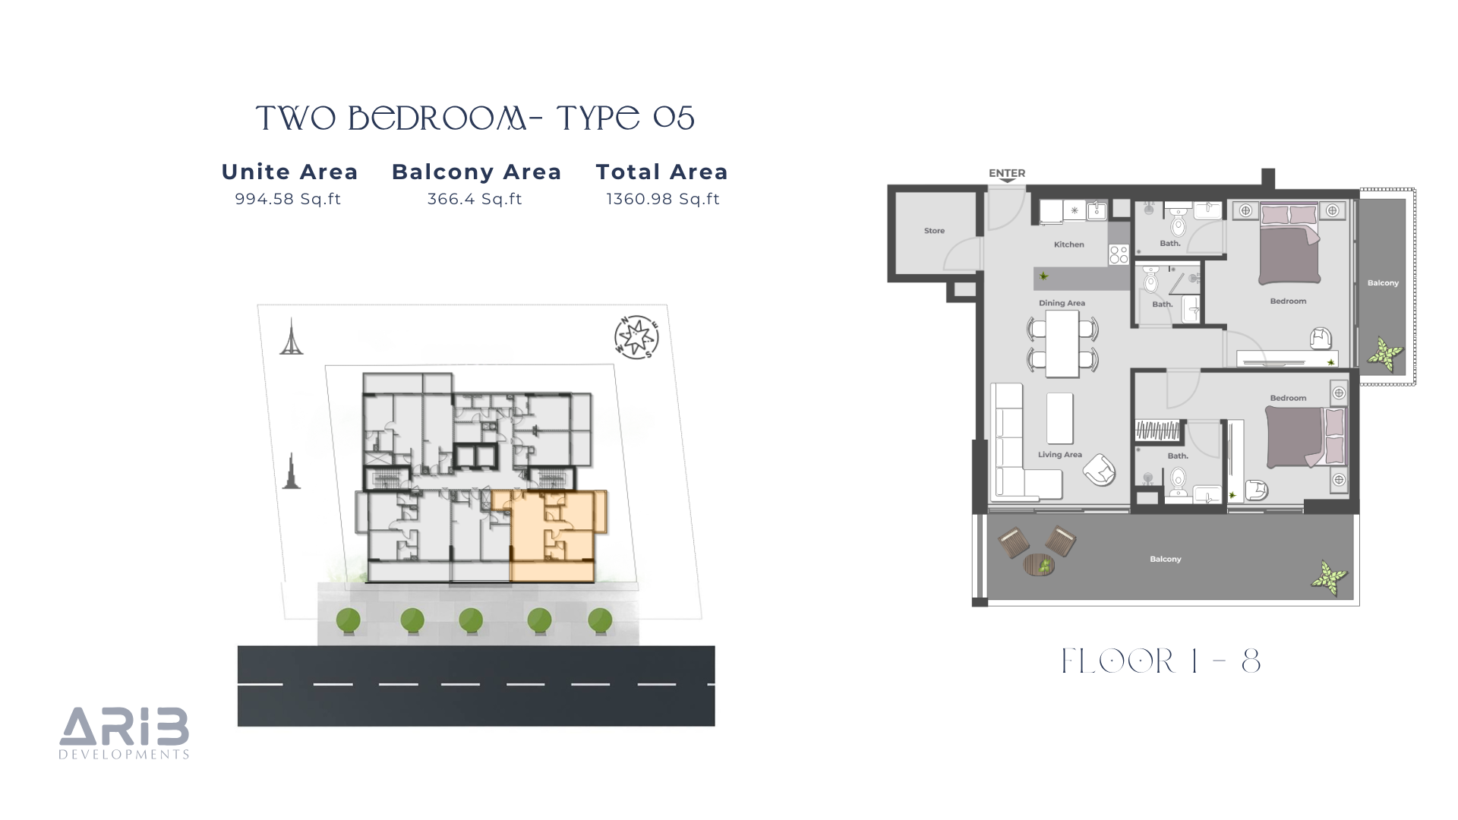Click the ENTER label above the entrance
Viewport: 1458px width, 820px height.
pos(1007,173)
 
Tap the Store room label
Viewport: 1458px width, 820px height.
pos(934,231)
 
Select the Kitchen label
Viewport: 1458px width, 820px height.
pos(1068,244)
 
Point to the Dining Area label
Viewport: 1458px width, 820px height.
pos(1062,303)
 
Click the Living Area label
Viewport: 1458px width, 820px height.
pos(1060,455)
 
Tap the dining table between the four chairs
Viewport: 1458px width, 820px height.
pos(1062,344)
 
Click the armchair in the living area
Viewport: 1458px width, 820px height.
pos(1099,470)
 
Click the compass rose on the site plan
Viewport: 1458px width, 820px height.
pos(636,337)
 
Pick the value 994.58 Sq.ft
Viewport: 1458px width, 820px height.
pos(288,199)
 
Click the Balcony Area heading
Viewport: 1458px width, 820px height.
pos(476,172)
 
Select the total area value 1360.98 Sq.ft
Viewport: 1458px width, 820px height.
pos(663,199)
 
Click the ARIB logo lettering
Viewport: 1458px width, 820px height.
pos(125,726)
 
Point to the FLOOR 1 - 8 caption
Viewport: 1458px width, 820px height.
pos(1161,661)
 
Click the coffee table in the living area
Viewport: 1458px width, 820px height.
pos(1060,418)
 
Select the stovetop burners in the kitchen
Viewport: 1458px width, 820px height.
pos(1119,254)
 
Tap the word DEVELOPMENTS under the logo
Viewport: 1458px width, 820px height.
pos(125,755)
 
